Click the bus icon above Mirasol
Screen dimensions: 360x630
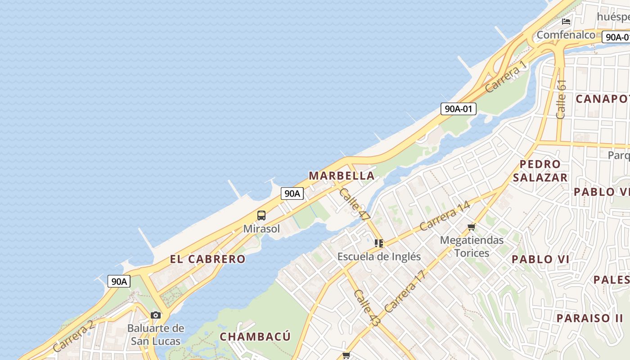pyautogui.click(x=261, y=216)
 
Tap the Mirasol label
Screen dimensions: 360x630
pyautogui.click(x=261, y=229)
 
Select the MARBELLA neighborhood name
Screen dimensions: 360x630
pyautogui.click(x=342, y=175)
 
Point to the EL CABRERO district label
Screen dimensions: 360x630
pyautogui.click(x=208, y=259)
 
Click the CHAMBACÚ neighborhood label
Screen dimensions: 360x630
pyautogui.click(x=255, y=336)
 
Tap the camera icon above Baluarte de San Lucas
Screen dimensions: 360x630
pyautogui.click(x=156, y=315)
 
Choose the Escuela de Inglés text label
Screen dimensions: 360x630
pyautogui.click(x=379, y=256)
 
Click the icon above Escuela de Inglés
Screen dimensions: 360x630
pyautogui.click(x=379, y=243)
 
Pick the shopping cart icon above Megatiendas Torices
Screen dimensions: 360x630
pyautogui.click(x=472, y=227)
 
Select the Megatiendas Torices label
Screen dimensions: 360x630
pyautogui.click(x=472, y=246)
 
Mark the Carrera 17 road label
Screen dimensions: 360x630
pyautogui.click(x=405, y=292)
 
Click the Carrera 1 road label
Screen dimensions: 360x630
pyautogui.click(x=505, y=77)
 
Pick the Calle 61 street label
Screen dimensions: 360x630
pyautogui.click(x=561, y=99)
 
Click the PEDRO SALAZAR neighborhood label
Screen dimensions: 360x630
pyautogui.click(x=540, y=171)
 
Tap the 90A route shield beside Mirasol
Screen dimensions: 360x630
pyautogui.click(x=292, y=193)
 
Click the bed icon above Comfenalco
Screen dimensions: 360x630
pyautogui.click(x=566, y=21)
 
